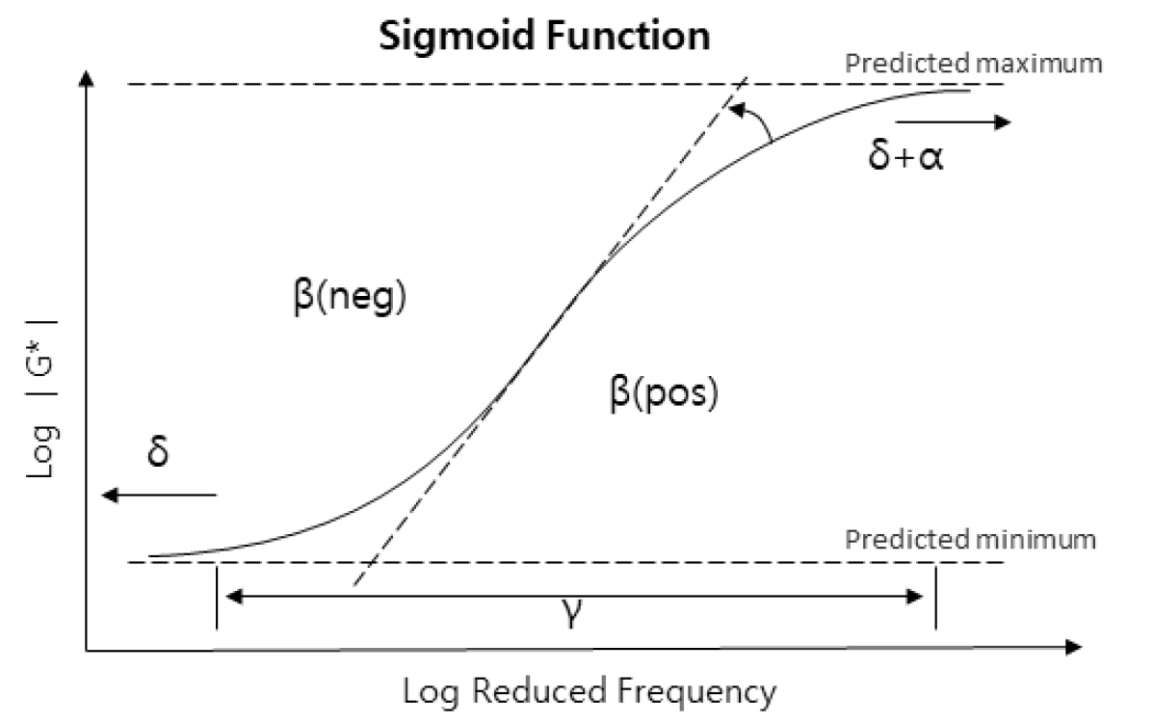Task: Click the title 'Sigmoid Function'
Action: click(x=544, y=36)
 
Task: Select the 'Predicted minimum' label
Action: click(x=970, y=537)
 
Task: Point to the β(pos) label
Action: click(x=664, y=395)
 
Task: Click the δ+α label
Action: click(x=906, y=156)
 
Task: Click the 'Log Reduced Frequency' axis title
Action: click(x=589, y=690)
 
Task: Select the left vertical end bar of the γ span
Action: click(x=217, y=597)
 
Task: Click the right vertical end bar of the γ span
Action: click(x=934, y=597)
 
